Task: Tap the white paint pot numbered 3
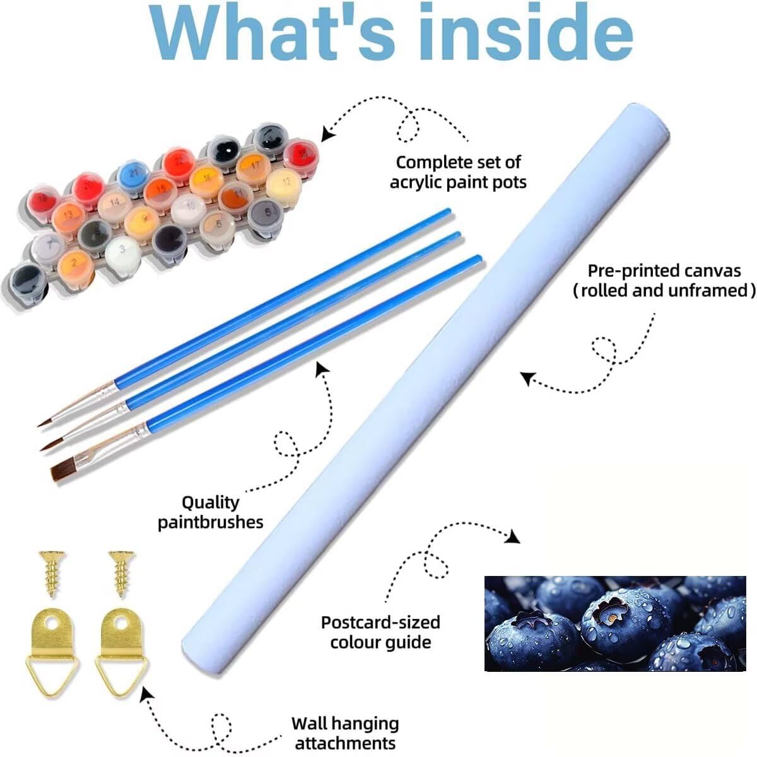[x=122, y=250]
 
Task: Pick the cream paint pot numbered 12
[x=282, y=184]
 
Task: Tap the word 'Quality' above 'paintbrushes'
[x=211, y=502]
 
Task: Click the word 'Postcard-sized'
[x=380, y=622]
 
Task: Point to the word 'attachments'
[x=345, y=742]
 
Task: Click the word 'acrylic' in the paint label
[x=423, y=182]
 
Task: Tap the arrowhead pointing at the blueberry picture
[x=513, y=536]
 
